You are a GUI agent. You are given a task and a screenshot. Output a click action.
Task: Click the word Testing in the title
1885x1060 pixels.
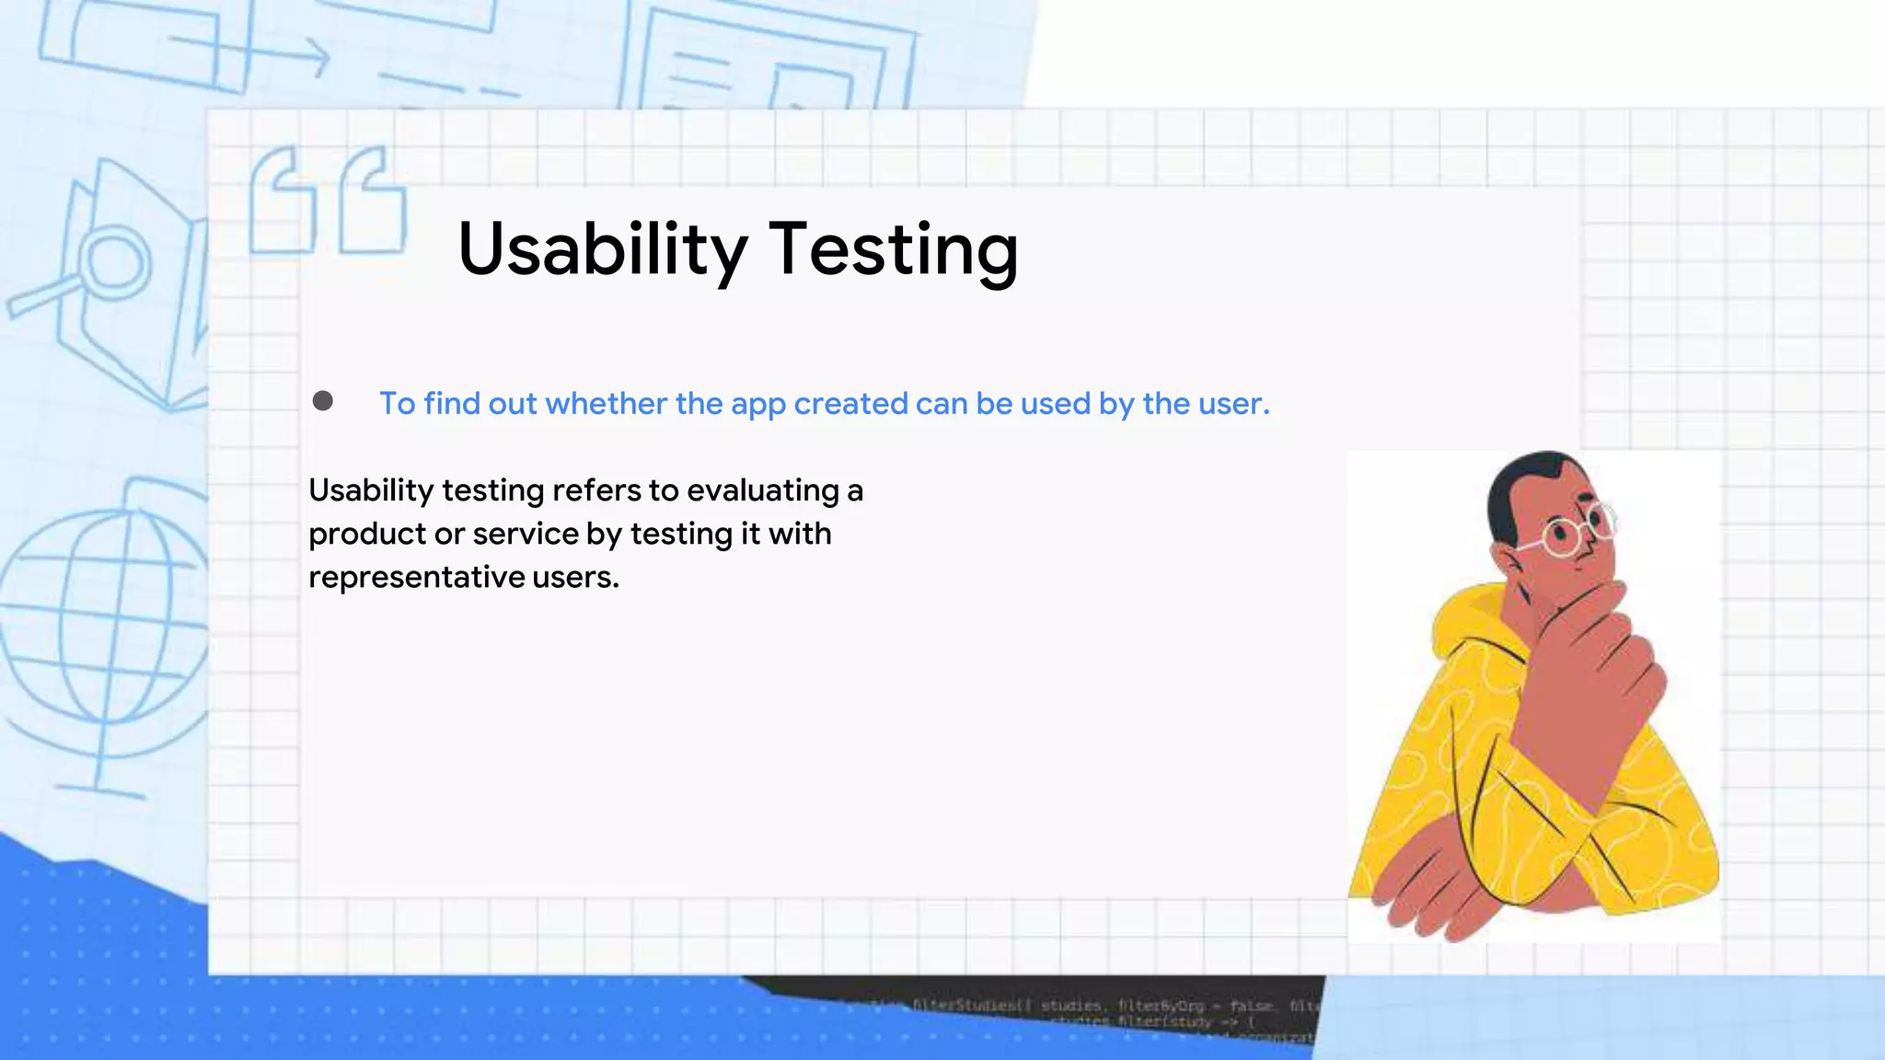[x=893, y=250]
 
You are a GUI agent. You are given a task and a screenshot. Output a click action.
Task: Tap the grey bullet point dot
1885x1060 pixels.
[x=322, y=401]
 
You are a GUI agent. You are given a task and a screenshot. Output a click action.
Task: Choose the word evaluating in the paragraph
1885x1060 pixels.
[x=762, y=490]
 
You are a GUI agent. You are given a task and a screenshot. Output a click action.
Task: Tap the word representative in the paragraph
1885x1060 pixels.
[x=416, y=578]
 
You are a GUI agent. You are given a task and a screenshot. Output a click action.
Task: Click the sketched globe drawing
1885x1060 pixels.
[x=101, y=626]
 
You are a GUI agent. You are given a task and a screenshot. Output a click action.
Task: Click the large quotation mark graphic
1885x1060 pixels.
[x=327, y=202]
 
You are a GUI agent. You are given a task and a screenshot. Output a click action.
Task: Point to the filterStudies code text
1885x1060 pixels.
[x=966, y=1006]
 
